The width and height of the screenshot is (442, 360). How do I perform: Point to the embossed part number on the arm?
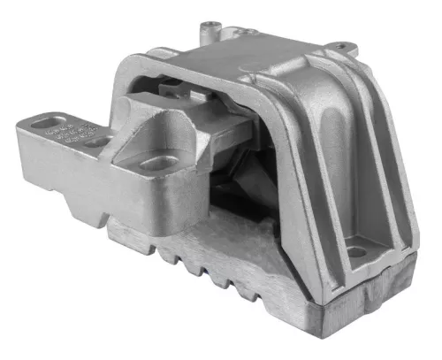pos(67,129)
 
